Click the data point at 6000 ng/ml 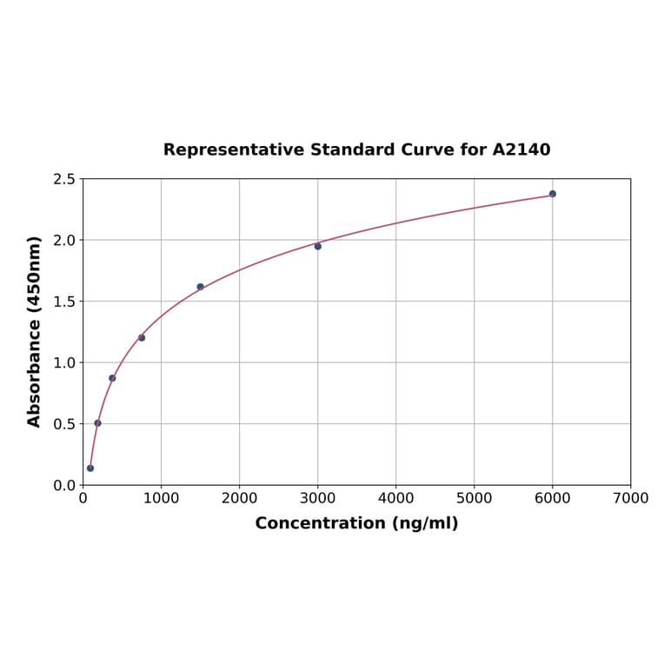tap(553, 194)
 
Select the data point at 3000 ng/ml tap(318, 246)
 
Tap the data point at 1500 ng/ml tap(201, 287)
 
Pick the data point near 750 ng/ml tap(142, 337)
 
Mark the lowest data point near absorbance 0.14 tap(90, 468)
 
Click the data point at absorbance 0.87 tap(112, 378)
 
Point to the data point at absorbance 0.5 tap(97, 423)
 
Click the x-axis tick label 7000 tap(630, 498)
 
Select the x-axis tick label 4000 tap(395, 498)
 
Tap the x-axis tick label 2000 tap(239, 498)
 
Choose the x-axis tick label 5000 tap(474, 498)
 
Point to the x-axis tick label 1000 tap(161, 498)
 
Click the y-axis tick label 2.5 tap(64, 179)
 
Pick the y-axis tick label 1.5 tap(64, 302)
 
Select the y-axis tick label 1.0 tap(64, 362)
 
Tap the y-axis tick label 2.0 tap(64, 240)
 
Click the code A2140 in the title tap(521, 149)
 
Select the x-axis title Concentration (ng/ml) tap(356, 523)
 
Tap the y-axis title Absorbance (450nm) tap(35, 331)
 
